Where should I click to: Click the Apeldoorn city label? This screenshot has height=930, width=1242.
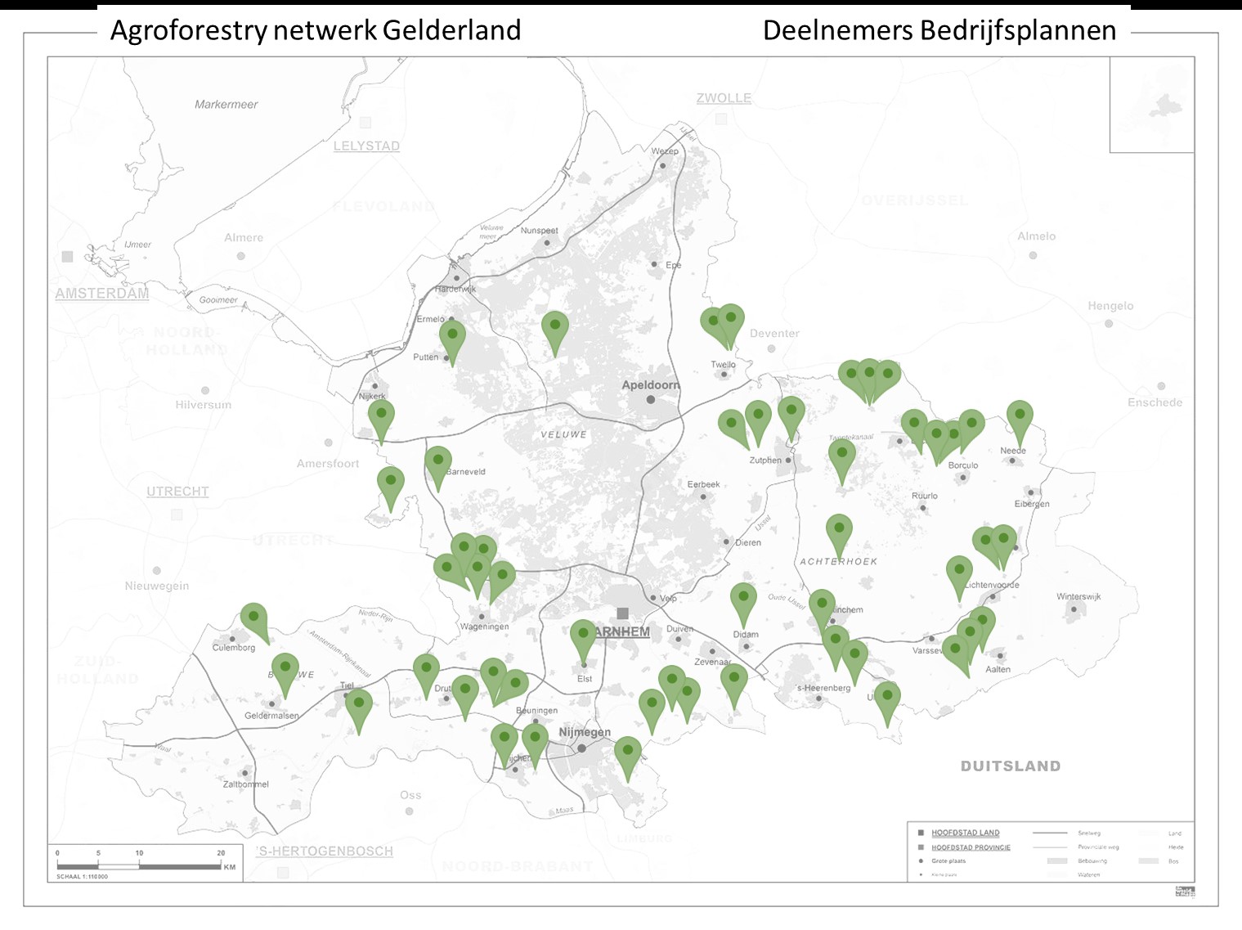coord(650,384)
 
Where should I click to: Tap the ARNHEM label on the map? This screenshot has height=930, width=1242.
coord(622,631)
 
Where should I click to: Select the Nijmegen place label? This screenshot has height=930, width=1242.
coord(585,732)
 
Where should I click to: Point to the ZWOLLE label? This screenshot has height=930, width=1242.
coord(724,98)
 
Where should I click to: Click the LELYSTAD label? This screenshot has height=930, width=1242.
coord(366,146)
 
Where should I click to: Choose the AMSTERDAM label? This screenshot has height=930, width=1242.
coord(102,294)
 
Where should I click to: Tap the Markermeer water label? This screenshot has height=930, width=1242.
coord(226,105)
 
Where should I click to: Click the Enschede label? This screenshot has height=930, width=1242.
coord(1155,402)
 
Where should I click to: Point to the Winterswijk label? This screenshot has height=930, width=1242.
coord(1078,596)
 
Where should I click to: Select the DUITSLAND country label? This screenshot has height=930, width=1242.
coord(1010,766)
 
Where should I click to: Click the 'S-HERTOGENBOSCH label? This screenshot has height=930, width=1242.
coord(325,851)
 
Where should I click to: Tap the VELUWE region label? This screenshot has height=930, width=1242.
coord(563,434)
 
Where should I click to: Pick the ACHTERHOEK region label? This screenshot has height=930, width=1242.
coord(838,562)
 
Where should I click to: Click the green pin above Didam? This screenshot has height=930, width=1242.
coord(743,598)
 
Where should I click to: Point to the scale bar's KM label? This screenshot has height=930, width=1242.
coord(230,867)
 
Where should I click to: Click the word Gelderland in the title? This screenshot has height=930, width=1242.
coord(451,31)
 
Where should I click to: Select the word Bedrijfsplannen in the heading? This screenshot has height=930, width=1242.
coord(1017,31)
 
